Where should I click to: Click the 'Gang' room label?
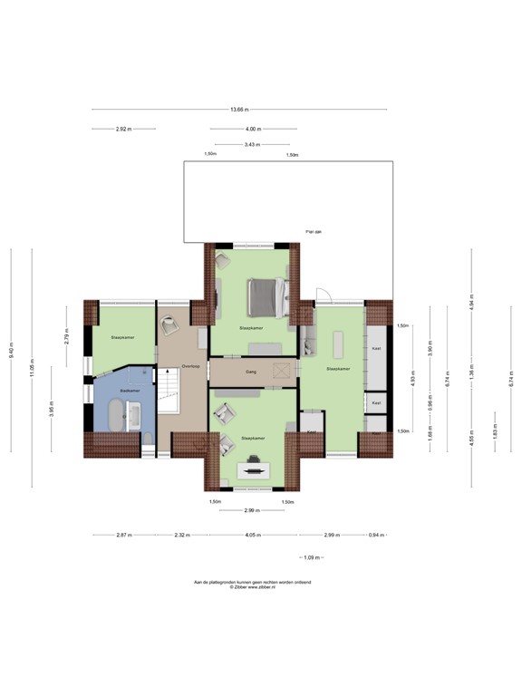tap(248, 372)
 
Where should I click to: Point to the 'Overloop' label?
tap(189, 366)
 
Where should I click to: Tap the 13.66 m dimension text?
tap(238, 110)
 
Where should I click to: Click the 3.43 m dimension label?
tap(252, 145)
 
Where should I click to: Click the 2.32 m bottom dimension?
tap(181, 536)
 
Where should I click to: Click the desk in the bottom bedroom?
tap(250, 469)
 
